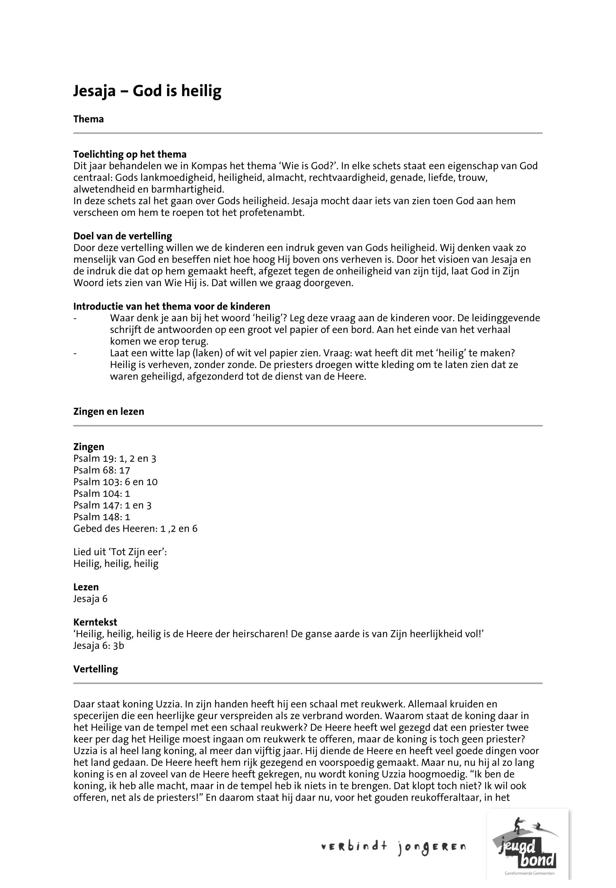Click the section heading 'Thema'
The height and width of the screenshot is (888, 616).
coord(88,119)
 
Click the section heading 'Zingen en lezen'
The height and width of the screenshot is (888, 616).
coord(109,411)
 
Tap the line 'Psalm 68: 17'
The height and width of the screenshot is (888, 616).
coord(101,470)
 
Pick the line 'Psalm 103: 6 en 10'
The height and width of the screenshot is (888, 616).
coord(116,482)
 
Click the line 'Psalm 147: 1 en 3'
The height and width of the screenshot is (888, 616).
coord(112,505)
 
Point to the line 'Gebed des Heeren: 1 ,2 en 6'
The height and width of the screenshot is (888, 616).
coord(135,528)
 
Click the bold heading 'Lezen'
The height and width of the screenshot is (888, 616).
coord(86,587)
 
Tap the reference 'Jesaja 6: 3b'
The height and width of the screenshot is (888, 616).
coord(98,645)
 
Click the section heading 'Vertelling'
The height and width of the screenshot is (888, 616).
coord(95,669)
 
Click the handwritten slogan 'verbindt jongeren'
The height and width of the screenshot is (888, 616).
coord(393,848)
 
